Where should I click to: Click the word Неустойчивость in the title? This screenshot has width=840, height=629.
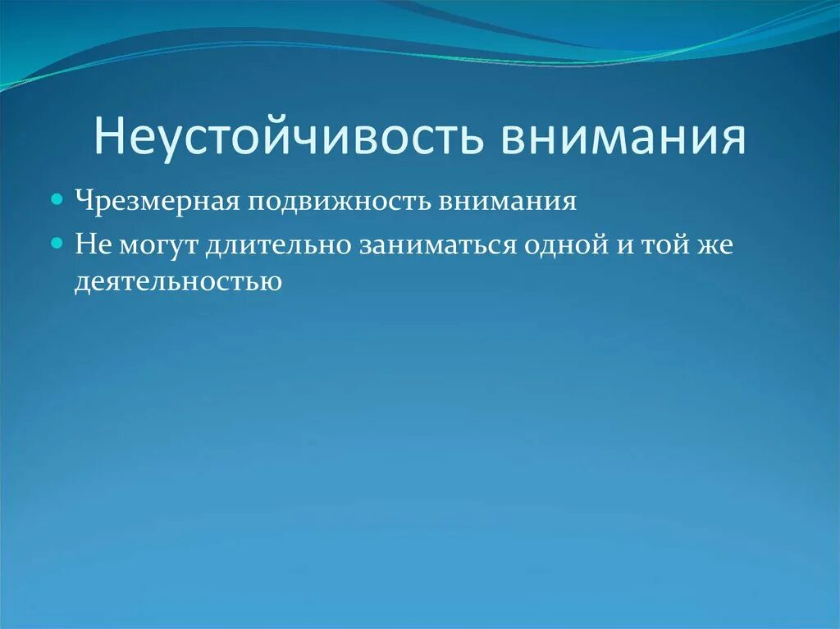(x=287, y=137)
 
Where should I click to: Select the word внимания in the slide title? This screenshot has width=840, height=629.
(x=624, y=137)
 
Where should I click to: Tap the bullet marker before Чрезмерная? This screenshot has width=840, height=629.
(x=57, y=199)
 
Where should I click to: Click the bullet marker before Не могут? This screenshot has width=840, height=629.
(x=57, y=244)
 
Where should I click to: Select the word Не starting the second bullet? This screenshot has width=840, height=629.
(x=89, y=244)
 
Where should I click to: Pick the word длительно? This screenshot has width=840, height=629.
(x=279, y=244)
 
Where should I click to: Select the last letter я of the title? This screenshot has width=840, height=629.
(x=733, y=139)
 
